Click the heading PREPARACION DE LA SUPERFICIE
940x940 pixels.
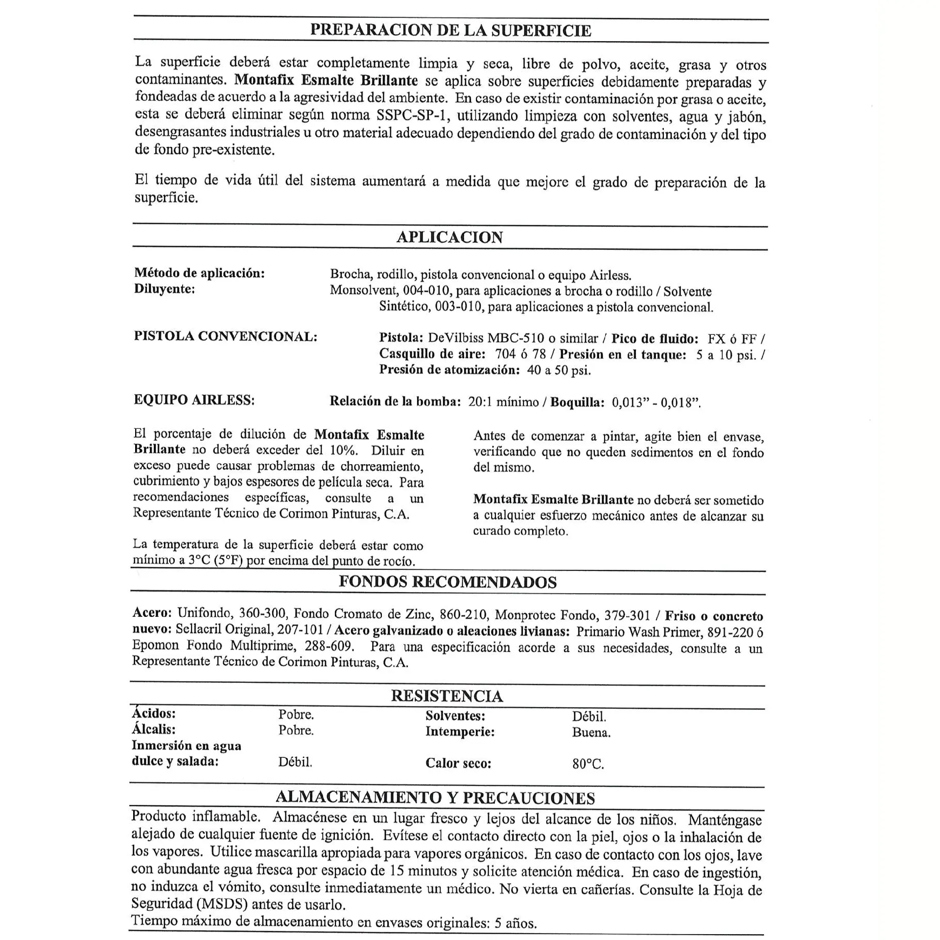tap(450, 30)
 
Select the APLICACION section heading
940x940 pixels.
tap(449, 237)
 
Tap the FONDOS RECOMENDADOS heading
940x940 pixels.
tap(447, 582)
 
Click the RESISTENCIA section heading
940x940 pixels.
tap(446, 696)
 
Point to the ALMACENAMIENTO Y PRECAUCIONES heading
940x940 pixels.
tap(435, 798)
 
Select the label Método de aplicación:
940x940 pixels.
tap(199, 273)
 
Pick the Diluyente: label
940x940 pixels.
tap(164, 289)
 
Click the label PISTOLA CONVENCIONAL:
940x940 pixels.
tap(226, 336)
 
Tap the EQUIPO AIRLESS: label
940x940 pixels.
tap(194, 400)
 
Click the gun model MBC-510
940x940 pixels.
tap(520, 338)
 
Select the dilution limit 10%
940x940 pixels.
tap(343, 450)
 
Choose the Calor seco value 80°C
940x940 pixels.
tap(588, 764)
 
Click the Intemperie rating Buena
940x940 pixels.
tap(591, 733)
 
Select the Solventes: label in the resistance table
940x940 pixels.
tap(455, 716)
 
